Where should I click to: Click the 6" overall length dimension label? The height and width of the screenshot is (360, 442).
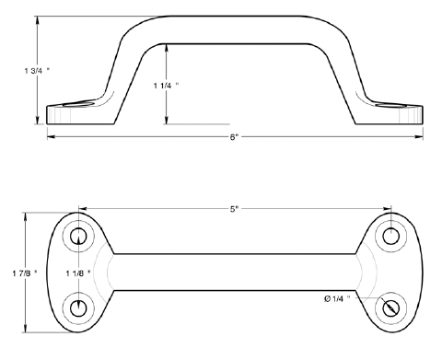pyautogui.click(x=235, y=138)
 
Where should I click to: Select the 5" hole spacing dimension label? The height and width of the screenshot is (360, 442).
pyautogui.click(x=235, y=209)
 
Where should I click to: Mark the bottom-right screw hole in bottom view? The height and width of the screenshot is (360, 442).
pyautogui.click(x=391, y=308)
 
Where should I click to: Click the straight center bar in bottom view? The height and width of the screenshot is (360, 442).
pyautogui.click(x=235, y=273)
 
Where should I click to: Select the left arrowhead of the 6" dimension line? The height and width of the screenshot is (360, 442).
pyautogui.click(x=49, y=137)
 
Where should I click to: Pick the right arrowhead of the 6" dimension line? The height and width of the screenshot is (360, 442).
pyautogui.click(x=423, y=137)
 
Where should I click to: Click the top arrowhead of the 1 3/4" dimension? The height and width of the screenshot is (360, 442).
pyautogui.click(x=38, y=19)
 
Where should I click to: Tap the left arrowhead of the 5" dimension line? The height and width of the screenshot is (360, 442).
pyautogui.click(x=82, y=209)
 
